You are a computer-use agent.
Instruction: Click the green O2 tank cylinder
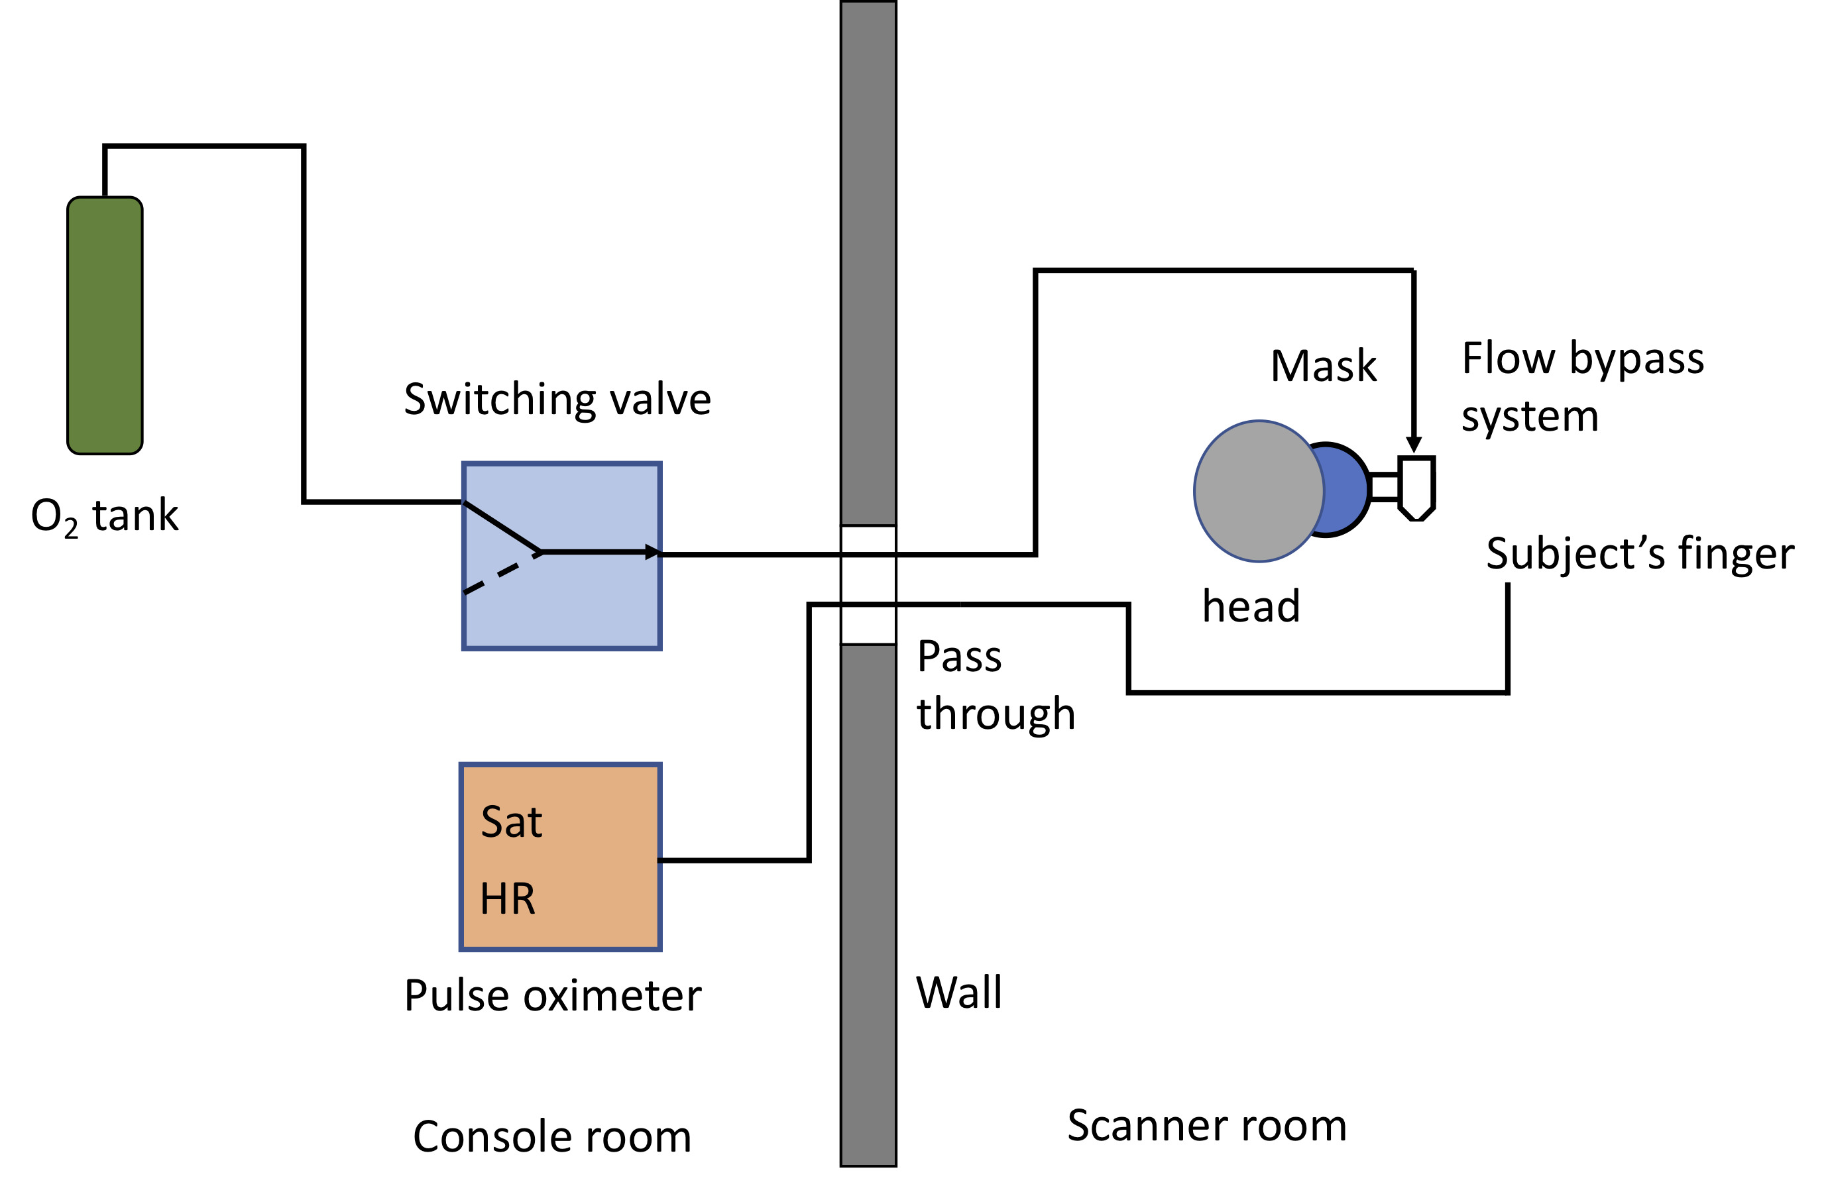click(x=105, y=325)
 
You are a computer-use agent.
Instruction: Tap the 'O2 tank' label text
click(x=105, y=516)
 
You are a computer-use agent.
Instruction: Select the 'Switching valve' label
click(x=557, y=400)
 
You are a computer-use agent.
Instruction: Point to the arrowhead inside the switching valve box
click(x=652, y=552)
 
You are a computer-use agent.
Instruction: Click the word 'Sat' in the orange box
click(x=512, y=822)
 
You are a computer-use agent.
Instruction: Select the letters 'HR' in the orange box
click(x=508, y=898)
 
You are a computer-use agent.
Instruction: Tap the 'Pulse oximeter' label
click(x=552, y=996)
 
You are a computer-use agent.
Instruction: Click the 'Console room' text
click(x=552, y=1136)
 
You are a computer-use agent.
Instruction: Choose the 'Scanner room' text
click(x=1207, y=1126)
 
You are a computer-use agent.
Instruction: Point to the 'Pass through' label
click(x=996, y=685)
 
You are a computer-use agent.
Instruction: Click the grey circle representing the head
click(x=1257, y=492)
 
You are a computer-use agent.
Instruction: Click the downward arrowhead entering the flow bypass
click(x=1413, y=445)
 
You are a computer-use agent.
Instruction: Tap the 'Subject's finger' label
click(x=1640, y=554)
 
